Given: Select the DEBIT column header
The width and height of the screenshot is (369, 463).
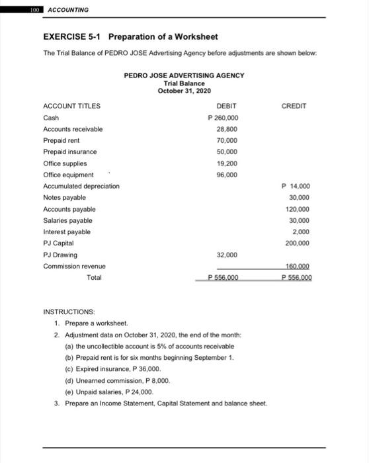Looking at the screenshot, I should point(227,106).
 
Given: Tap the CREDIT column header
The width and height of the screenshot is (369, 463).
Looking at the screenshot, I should point(294,106).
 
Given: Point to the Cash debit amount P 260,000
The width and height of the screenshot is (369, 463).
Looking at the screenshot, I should point(224,118).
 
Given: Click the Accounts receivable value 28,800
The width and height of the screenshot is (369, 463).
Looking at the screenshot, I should point(227,129).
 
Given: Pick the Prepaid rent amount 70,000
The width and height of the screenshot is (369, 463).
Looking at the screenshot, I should point(227,141).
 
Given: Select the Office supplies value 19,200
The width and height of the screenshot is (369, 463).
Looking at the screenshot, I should point(227,163).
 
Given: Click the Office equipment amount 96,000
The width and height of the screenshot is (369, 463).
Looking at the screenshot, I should point(227,175).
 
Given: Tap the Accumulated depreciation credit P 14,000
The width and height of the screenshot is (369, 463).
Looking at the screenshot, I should point(296,187).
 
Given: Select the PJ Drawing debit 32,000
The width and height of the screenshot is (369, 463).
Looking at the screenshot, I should point(227,255).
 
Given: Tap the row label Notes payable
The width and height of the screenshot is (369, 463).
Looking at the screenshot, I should point(64,198).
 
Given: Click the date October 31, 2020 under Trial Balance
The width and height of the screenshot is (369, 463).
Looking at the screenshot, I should point(184,90).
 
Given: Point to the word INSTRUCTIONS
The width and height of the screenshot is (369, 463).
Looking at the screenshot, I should point(69,310).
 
